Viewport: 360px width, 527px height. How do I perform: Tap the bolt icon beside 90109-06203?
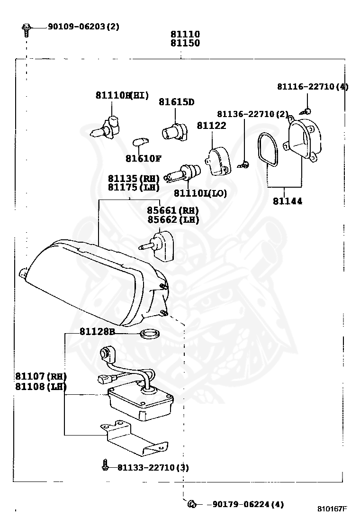pos(27,28)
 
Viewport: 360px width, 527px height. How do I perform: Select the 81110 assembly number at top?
pos(185,34)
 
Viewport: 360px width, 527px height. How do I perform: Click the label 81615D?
pos(176,102)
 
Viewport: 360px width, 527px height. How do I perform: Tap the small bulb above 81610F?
pos(139,141)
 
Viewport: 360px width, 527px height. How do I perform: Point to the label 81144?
pos(288,201)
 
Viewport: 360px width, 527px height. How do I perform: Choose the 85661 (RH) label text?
pos(172,210)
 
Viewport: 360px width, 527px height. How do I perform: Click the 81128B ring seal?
pos(150,334)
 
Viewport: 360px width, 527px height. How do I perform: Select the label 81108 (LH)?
pos(41,386)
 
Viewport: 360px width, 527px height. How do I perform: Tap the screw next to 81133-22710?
pos(106,466)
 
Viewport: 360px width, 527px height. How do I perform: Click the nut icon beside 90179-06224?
pos(192,504)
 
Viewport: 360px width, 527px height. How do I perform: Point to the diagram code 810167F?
pos(332,509)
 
